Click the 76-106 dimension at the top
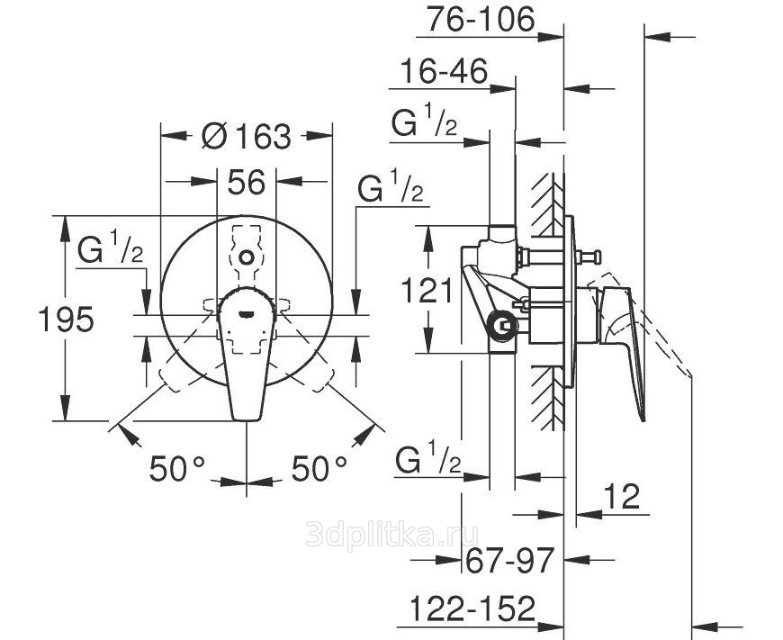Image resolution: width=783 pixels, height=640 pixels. (481, 21)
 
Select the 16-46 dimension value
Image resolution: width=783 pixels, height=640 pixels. (444, 71)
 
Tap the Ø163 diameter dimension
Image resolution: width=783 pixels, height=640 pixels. (247, 136)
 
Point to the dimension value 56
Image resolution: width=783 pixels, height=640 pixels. (247, 182)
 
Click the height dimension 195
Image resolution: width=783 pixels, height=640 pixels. (66, 320)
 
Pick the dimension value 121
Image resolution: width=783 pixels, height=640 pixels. (427, 290)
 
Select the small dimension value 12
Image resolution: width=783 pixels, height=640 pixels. (622, 496)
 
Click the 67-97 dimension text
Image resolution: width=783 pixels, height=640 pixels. (509, 560)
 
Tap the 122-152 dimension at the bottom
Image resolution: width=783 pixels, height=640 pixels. (472, 608)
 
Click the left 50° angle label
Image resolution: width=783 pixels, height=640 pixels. (177, 468)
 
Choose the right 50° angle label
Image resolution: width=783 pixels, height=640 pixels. (319, 468)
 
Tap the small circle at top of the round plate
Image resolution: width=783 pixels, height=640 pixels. (247, 257)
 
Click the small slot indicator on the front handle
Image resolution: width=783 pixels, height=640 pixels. (247, 314)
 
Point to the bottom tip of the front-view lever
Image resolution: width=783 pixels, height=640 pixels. (247, 420)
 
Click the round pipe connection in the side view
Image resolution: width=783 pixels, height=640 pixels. (503, 328)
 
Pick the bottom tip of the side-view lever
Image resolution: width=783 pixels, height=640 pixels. (643, 419)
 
